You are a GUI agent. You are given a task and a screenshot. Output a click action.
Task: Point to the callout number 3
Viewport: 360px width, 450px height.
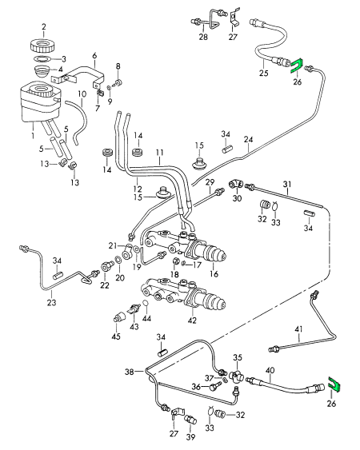64,58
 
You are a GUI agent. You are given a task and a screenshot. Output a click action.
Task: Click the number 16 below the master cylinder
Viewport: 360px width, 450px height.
213,274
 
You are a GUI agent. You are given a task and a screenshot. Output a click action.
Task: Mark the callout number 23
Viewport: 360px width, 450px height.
52,303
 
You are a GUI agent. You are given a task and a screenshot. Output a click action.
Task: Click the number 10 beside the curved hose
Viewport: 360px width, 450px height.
81,94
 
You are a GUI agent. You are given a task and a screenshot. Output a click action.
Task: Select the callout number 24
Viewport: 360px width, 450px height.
249,138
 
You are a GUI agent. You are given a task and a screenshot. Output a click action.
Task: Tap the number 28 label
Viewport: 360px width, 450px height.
203,38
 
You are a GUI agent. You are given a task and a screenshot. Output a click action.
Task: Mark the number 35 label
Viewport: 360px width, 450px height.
238,356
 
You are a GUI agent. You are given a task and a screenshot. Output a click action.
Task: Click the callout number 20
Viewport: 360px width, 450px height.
120,278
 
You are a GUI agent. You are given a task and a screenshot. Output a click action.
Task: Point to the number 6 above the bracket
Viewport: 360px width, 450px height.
94,56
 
